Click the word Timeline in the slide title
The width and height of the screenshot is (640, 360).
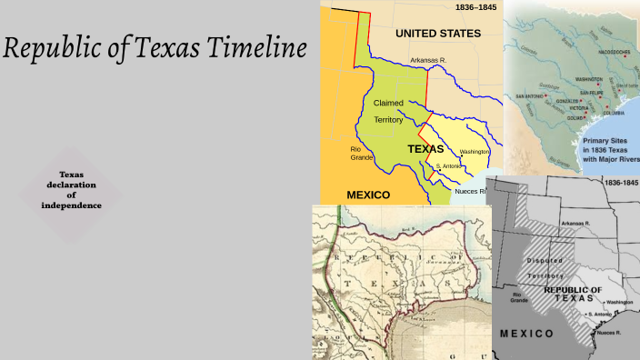250,49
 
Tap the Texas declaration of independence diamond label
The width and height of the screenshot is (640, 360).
71,190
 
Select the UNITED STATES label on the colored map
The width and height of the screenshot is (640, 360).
437,34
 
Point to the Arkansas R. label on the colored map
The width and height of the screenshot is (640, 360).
429,60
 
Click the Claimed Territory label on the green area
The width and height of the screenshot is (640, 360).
388,111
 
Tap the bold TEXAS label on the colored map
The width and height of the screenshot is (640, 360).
425,148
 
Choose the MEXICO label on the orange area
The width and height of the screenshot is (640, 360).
368,195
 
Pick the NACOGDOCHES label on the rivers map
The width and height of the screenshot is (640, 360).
614,53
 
